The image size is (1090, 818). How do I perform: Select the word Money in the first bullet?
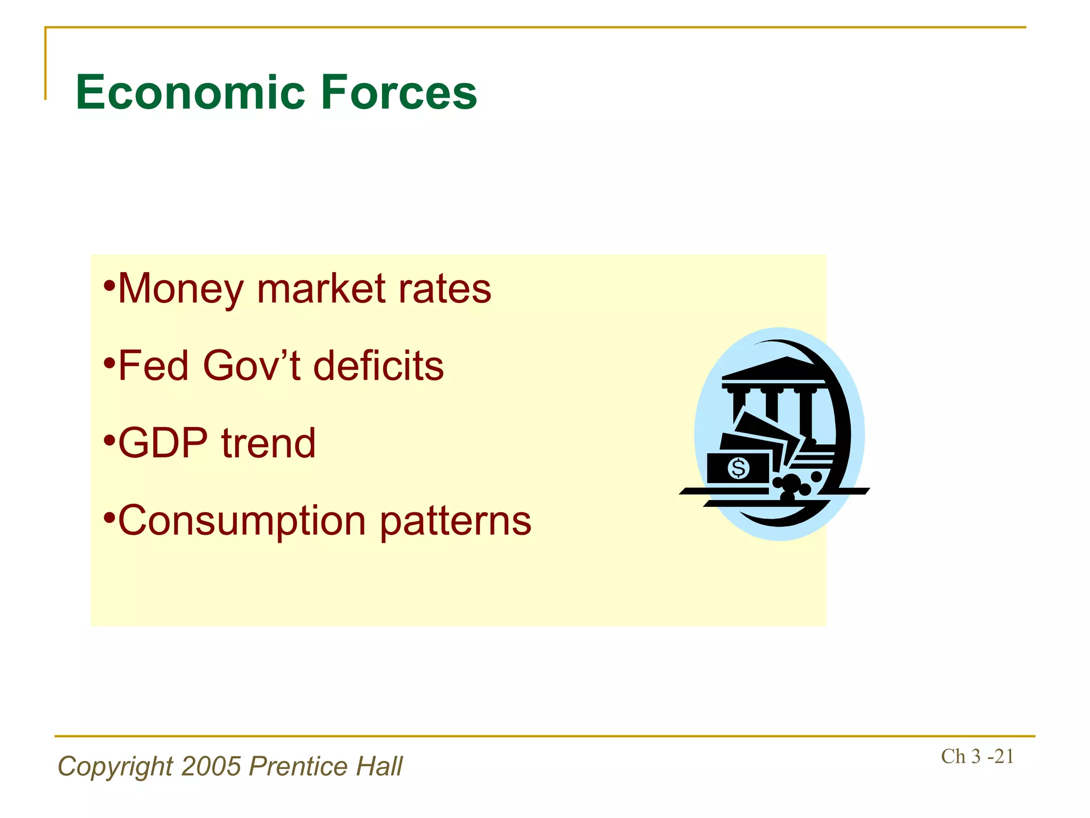(x=180, y=289)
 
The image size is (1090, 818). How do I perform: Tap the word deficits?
(x=378, y=366)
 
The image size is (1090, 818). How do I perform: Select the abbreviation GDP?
(x=163, y=443)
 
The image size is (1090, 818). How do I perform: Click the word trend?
(x=268, y=443)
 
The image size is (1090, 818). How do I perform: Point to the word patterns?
(x=456, y=521)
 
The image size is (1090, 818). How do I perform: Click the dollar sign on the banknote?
(x=738, y=469)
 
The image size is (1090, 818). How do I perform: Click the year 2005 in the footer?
(x=211, y=766)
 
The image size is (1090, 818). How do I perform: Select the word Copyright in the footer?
(x=115, y=766)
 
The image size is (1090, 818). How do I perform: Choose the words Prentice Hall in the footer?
(x=326, y=766)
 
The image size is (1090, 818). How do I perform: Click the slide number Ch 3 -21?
(x=977, y=756)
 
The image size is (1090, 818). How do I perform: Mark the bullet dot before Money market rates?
(x=109, y=284)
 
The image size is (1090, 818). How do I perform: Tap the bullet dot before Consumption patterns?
(x=109, y=516)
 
